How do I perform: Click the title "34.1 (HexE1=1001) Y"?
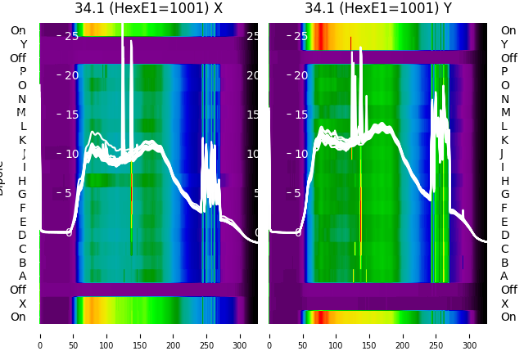[378, 9]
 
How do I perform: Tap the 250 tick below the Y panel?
[436, 335]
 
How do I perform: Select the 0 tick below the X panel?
[39, 335]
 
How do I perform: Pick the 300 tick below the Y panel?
[470, 335]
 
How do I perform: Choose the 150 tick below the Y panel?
[369, 335]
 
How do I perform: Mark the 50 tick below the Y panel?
[302, 335]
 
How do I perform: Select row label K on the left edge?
[22, 140]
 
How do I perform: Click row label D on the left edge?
[22, 236]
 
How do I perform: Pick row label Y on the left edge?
[22, 44]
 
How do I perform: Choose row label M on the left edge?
[21, 113]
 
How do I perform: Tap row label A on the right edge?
[504, 277]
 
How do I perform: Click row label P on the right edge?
[504, 72]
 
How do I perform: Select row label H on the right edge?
[504, 181]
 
